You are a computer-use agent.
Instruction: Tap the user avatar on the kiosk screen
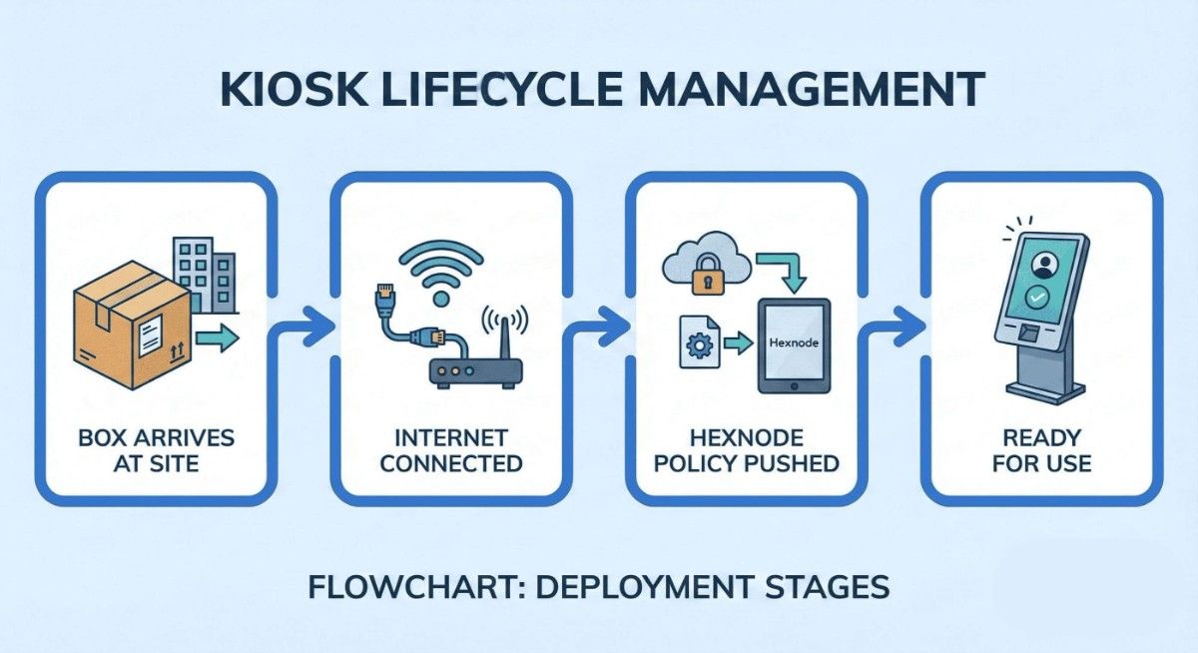pos(1045,264)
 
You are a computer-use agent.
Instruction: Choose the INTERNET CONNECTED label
pos(450,450)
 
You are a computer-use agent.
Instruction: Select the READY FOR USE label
pos(1041,450)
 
